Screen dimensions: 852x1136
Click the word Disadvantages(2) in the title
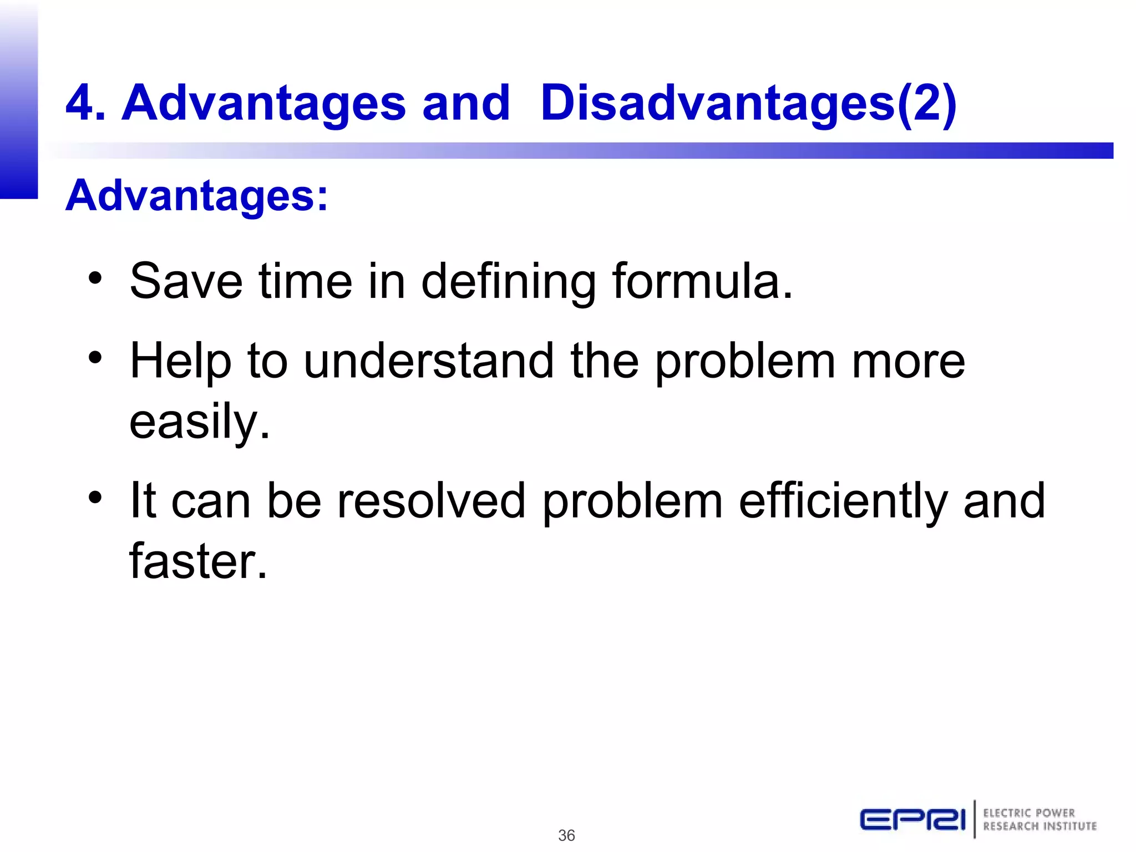[748, 103]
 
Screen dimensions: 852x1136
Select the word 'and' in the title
[465, 103]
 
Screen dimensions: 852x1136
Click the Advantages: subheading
[197, 196]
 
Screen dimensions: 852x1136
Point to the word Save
[186, 281]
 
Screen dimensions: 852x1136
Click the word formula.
[703, 281]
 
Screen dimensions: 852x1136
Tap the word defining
[508, 281]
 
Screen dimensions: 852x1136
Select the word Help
[180, 361]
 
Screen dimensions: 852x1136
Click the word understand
[429, 361]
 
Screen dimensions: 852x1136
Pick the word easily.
[199, 422]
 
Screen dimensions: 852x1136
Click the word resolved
[431, 501]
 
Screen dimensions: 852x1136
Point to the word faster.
[198, 561]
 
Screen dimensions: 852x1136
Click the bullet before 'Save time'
[95, 278]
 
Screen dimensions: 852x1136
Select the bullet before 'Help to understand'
[95, 358]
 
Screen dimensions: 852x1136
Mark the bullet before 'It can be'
[95, 498]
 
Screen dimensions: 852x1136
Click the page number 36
[566, 835]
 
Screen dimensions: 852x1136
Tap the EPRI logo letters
[912, 819]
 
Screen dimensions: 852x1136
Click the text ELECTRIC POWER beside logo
[1029, 813]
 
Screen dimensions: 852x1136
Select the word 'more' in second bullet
[909, 361]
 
